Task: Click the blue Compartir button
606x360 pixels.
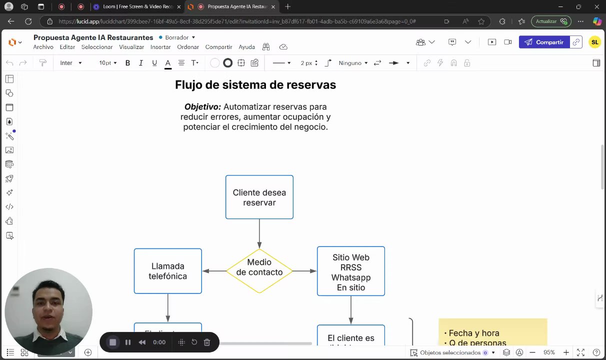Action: (x=543, y=42)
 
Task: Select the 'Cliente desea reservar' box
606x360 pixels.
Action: (x=259, y=197)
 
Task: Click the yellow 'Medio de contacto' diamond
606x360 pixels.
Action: (x=259, y=270)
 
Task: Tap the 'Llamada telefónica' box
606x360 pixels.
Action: (x=167, y=271)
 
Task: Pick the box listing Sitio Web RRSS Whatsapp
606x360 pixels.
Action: (x=350, y=271)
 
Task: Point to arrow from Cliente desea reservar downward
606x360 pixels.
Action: (x=259, y=233)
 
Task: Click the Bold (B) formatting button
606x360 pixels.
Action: (x=127, y=63)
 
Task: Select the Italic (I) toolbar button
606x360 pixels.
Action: (x=141, y=63)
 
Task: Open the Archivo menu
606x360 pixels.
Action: (x=43, y=47)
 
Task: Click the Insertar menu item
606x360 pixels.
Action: (x=160, y=47)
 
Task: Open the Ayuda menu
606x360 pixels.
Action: (x=246, y=47)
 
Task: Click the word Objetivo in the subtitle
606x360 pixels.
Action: (x=202, y=107)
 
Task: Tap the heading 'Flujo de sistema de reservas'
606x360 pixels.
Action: (x=255, y=85)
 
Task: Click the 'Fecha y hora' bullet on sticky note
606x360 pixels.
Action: (x=473, y=333)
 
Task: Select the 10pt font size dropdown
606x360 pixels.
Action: (x=107, y=63)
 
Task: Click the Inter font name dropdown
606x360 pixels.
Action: (x=70, y=63)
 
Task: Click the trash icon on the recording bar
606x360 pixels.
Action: (x=207, y=342)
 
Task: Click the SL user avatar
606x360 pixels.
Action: (x=594, y=42)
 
